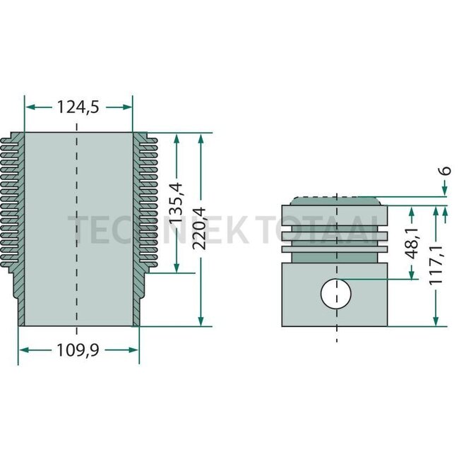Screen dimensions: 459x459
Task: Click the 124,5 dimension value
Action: coord(78,107)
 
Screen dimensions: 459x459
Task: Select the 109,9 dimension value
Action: coord(78,350)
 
